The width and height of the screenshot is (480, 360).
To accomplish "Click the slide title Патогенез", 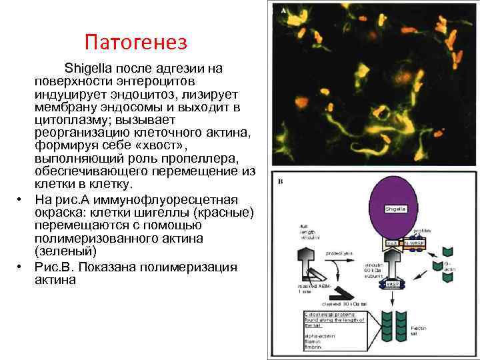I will click(x=137, y=43).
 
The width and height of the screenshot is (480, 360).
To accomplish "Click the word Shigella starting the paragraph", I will click(x=88, y=69).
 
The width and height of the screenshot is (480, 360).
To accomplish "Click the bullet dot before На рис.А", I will click(x=21, y=199).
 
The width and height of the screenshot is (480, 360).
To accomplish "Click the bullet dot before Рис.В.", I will click(x=21, y=267).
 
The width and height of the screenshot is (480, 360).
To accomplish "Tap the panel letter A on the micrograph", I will click(x=284, y=11).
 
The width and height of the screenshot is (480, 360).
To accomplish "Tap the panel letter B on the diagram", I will click(x=283, y=181).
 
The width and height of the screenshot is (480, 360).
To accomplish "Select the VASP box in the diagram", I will click(x=393, y=284).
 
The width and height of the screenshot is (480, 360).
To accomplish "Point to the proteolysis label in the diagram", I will click(x=339, y=253).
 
